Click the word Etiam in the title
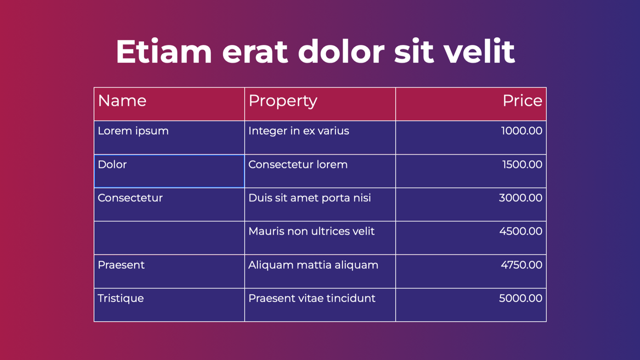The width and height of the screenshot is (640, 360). [163, 51]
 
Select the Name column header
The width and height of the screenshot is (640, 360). [169, 104]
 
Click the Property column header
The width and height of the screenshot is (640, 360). [320, 104]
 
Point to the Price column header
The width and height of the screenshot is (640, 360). [471, 104]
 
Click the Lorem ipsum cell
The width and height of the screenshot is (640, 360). [169, 138]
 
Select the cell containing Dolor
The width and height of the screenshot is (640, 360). [169, 171]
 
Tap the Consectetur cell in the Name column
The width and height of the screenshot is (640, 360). [169, 204]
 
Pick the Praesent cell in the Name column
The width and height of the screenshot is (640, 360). [169, 271]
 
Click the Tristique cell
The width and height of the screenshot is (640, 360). [169, 305]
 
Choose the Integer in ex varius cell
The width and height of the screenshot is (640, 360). [320, 138]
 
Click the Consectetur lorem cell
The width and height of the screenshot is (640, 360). [320, 171]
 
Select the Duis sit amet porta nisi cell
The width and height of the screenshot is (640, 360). [320, 204]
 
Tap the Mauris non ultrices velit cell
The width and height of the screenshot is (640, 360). [320, 238]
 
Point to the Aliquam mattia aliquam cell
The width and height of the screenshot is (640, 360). [320, 271]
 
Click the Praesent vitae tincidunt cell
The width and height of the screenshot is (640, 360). [320, 305]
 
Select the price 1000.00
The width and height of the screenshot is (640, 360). [521, 131]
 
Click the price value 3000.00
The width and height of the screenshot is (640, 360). [521, 197]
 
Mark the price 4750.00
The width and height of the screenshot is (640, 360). [521, 265]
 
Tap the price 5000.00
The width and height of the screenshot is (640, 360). [521, 298]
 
